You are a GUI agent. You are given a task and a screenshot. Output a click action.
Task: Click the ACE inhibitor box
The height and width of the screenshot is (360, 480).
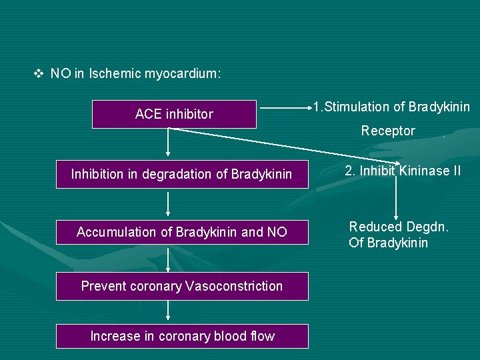click(x=174, y=114)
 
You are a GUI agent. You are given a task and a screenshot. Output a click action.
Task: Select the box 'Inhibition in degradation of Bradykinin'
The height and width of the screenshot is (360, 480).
click(x=182, y=174)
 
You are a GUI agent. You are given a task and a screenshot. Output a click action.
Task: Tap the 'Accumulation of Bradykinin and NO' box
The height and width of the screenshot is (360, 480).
click(x=182, y=232)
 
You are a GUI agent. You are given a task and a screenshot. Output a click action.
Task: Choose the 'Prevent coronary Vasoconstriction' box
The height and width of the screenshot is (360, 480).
click(x=182, y=286)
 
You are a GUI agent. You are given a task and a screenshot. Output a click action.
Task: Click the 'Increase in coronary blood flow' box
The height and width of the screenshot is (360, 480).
click(x=182, y=336)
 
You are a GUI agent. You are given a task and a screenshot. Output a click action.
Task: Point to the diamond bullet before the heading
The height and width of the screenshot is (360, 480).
click(x=38, y=73)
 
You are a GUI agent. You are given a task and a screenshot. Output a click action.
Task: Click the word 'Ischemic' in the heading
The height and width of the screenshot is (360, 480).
click(x=116, y=73)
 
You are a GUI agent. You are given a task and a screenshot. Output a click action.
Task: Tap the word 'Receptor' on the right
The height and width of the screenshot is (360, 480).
click(x=388, y=131)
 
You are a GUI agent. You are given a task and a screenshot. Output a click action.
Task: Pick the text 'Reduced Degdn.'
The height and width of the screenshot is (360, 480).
click(x=399, y=227)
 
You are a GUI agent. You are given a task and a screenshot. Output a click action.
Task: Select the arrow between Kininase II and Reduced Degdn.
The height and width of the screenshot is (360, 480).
click(x=397, y=197)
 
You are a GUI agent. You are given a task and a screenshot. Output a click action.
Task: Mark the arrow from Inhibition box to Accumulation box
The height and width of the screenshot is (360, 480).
click(x=168, y=204)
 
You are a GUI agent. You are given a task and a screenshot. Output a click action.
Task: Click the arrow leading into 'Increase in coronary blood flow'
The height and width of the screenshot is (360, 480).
click(x=168, y=311)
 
